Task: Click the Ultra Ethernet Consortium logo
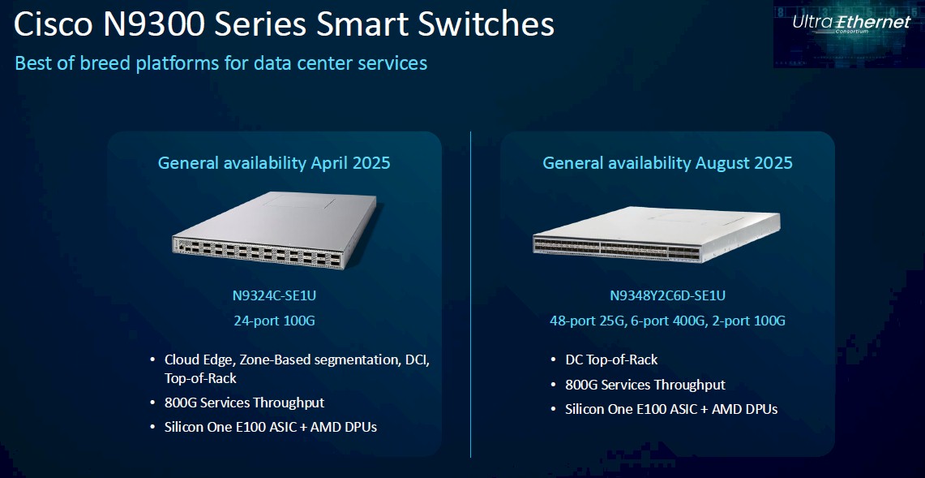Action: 851,24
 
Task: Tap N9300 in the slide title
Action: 151,25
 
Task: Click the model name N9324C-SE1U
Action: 274,295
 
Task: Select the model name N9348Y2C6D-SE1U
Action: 667,295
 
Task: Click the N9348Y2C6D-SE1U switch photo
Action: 656,234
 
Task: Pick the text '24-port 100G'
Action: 274,321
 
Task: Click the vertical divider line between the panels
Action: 471,295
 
